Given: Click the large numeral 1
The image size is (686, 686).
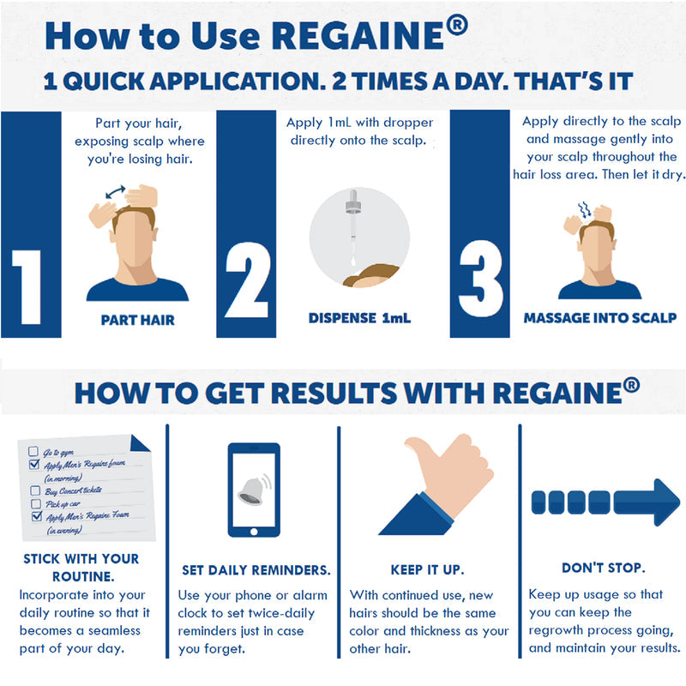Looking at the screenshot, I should tap(28, 283).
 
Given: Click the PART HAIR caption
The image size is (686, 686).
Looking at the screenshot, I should tap(137, 320).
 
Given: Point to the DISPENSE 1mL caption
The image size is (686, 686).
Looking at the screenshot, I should tap(359, 318).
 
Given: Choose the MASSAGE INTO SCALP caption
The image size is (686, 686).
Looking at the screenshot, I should tap(599, 318).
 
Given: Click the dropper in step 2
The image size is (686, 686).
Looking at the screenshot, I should tap(352, 232).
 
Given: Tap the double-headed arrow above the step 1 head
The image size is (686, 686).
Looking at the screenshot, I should tap(112, 191).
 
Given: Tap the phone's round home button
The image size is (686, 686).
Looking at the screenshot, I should tap(252, 532).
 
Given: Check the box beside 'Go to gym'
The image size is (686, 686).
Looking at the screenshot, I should tap(33, 451).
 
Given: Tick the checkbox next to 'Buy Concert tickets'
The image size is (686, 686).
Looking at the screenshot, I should tap(34, 491).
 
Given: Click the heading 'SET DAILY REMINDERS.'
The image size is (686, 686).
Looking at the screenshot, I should tap(256, 570).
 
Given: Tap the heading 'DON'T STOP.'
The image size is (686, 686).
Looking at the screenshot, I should tap(603, 569).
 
